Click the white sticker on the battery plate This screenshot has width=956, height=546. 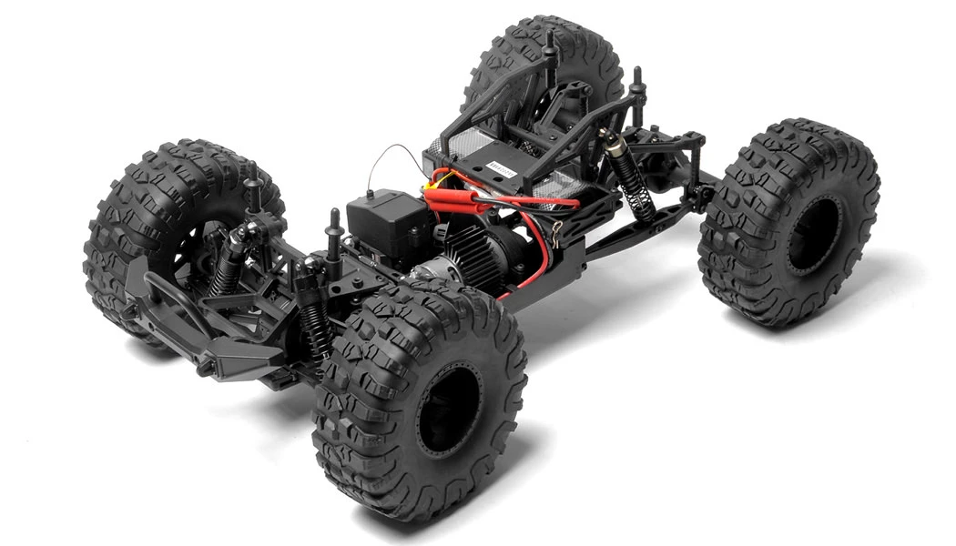pos(502,168)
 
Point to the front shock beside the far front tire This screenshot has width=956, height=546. pos(228,264)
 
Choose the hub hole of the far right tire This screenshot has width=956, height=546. pos(815,232)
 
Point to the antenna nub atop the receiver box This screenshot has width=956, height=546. pos(371,193)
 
